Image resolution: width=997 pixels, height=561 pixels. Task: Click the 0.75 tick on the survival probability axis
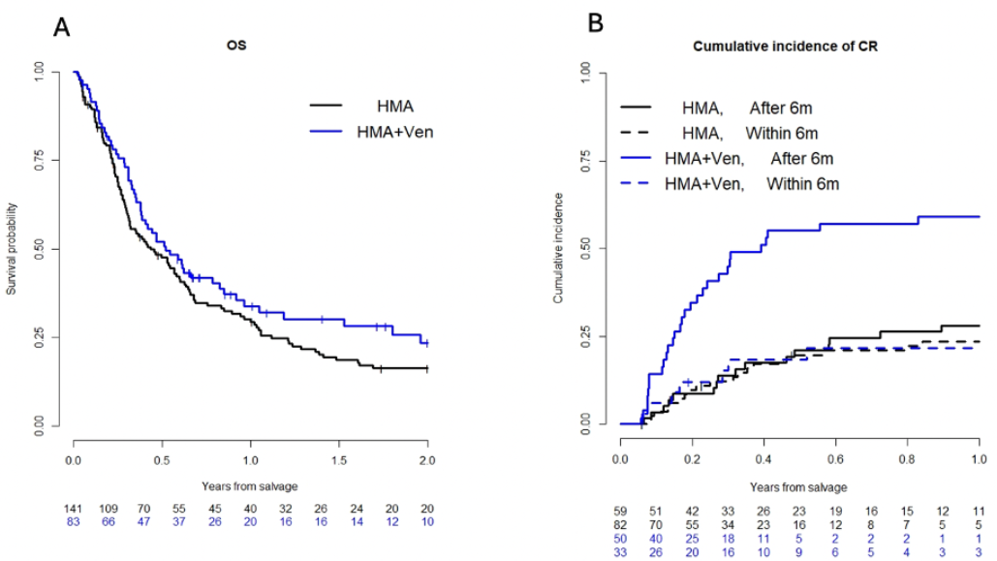(x=40, y=160)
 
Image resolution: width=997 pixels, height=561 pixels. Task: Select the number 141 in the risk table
(x=74, y=511)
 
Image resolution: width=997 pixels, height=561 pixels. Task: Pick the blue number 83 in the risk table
(x=74, y=524)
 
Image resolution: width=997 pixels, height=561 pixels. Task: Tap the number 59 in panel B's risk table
(x=620, y=510)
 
